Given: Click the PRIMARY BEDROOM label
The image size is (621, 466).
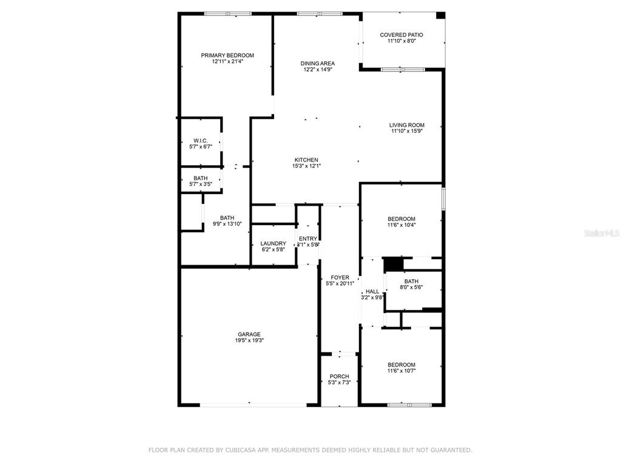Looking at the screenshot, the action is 227,55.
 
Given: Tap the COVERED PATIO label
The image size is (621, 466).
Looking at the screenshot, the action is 401,35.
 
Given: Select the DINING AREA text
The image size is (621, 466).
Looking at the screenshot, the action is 317,63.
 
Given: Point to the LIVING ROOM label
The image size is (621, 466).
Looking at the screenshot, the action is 407,125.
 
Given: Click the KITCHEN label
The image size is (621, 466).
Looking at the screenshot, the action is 306,160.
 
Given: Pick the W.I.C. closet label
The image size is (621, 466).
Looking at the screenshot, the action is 200,141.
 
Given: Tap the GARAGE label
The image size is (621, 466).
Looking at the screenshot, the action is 249,334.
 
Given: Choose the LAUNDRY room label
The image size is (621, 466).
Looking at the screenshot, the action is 274,244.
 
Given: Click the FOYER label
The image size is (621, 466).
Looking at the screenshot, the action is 340,278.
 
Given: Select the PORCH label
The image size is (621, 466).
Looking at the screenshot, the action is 340,376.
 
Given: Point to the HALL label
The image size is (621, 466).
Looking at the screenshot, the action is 372,292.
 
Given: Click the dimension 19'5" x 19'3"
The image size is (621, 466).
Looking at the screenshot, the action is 249,340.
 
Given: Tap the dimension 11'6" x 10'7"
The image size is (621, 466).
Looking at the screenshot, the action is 401,371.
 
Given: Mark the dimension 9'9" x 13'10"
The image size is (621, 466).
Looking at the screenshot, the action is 227,224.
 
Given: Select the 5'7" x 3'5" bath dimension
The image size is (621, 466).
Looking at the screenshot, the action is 200,184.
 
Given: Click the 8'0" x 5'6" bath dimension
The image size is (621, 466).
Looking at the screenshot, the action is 411,287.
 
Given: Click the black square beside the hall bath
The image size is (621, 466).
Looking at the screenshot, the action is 393,265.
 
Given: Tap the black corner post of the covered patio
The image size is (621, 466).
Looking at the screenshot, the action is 440,15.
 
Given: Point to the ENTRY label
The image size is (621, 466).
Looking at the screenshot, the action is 308,239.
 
